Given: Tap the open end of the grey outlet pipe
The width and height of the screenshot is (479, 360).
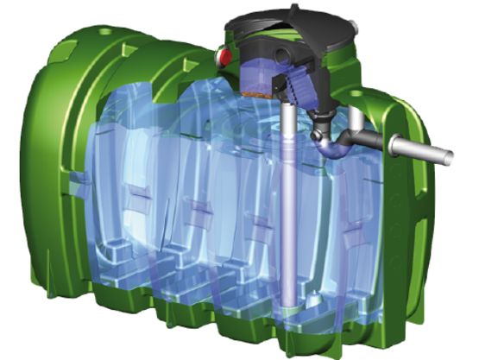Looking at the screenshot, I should (451, 156).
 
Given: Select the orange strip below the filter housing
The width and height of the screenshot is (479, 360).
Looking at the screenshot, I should (256, 88).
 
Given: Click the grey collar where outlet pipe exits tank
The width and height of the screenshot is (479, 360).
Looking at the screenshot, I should (396, 145).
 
